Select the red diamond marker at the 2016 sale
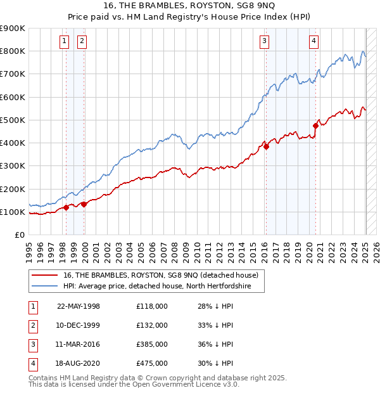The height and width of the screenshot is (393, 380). (266, 146)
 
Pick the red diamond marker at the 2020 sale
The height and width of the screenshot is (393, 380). (315, 126)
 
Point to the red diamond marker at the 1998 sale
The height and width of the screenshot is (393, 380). (66, 207)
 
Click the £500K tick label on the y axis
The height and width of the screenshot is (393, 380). (13, 120)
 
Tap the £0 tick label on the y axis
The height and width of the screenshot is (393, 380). (19, 235)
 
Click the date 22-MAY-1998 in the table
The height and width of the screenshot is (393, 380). (79, 306)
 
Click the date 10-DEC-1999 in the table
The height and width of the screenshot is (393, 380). (79, 325)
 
